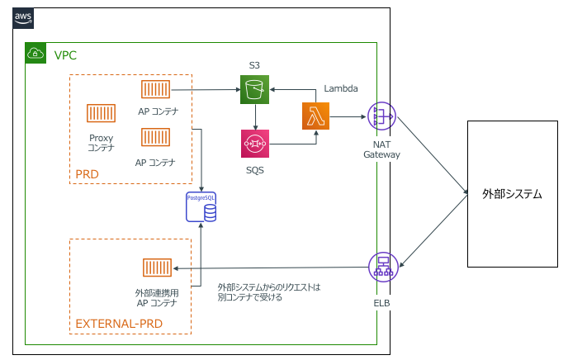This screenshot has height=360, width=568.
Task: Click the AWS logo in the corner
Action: click(x=22, y=18)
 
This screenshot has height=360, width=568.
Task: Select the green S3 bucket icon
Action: click(x=255, y=89)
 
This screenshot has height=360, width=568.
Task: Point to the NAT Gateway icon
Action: click(x=381, y=117)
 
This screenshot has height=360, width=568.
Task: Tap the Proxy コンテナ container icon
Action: click(x=102, y=116)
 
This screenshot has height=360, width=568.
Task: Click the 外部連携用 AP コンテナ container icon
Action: click(x=157, y=268)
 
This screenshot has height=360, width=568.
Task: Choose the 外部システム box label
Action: click(x=512, y=194)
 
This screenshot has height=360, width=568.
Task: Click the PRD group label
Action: click(x=87, y=174)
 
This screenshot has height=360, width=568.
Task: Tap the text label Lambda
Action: click(x=341, y=88)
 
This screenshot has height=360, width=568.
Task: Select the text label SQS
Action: click(x=255, y=169)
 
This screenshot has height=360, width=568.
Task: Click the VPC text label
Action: click(x=65, y=54)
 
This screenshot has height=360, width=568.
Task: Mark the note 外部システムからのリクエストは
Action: click(x=268, y=287)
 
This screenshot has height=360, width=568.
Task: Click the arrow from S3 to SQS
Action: click(x=255, y=116)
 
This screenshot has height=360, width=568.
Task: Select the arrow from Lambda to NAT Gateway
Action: click(x=348, y=117)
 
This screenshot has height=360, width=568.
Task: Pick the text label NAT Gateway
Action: click(x=381, y=149)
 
